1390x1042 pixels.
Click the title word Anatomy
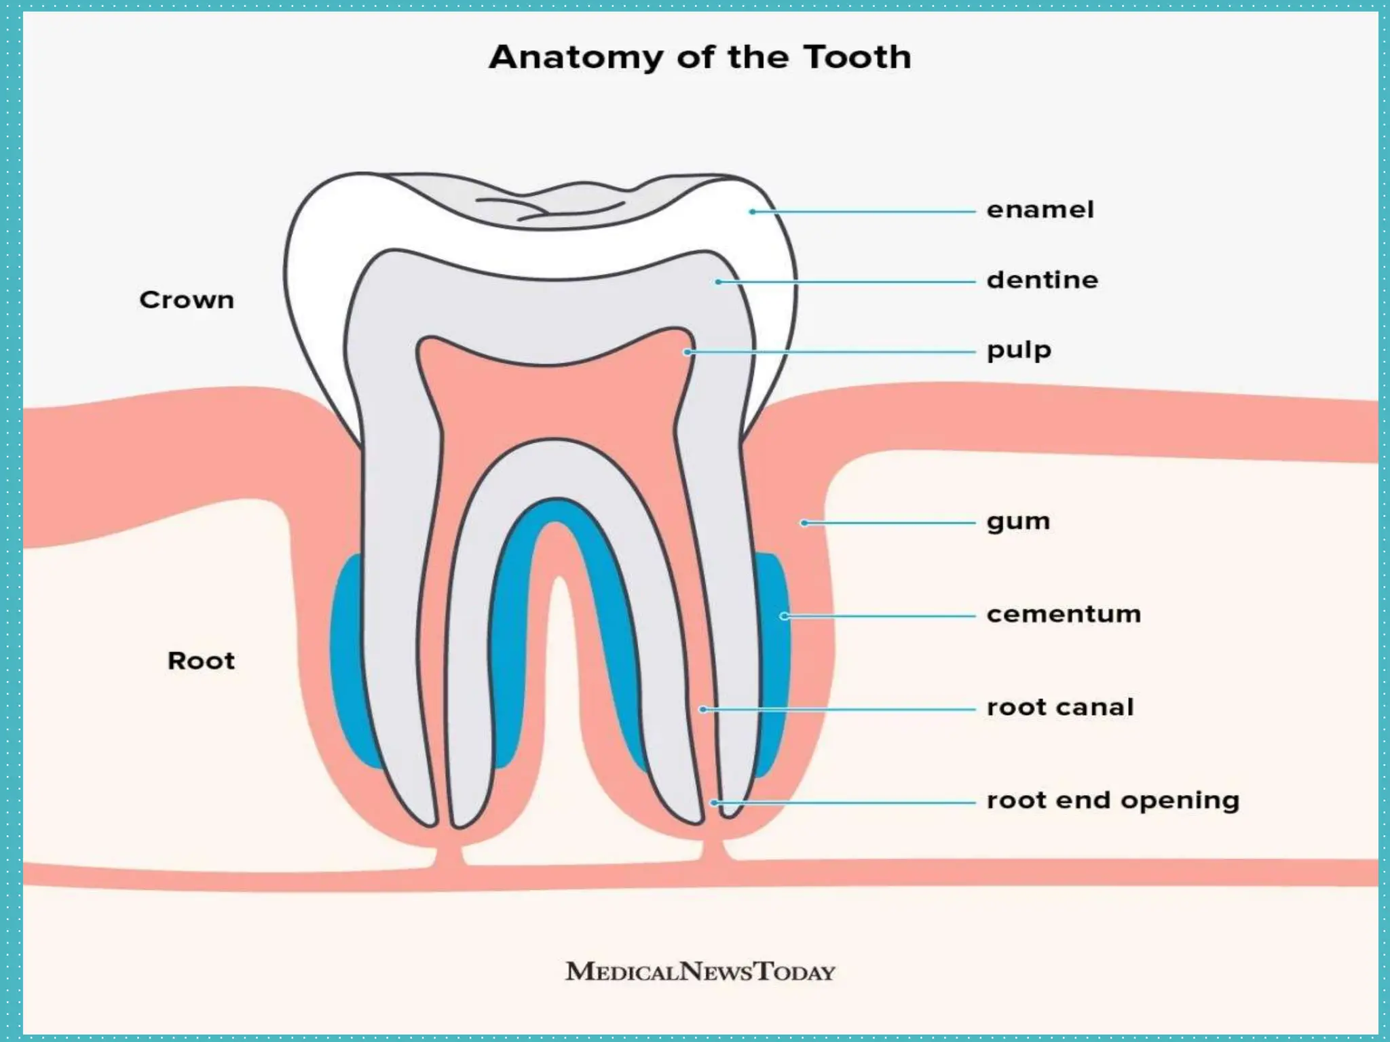tap(576, 58)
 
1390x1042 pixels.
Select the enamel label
tap(1040, 210)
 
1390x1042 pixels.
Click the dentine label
tap(1042, 280)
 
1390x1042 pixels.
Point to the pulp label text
tap(1019, 351)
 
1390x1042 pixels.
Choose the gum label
tap(1018, 522)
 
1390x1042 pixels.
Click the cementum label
tap(1064, 615)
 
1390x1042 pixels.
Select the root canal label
tap(1060, 708)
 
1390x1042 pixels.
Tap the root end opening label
tap(1113, 801)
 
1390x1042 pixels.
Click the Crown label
tap(187, 300)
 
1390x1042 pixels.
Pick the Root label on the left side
tap(201, 661)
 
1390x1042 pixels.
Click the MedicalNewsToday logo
tap(700, 971)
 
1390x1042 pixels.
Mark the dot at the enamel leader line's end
tap(752, 212)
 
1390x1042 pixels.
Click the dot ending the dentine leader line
tap(718, 282)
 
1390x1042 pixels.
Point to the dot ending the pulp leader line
tap(688, 352)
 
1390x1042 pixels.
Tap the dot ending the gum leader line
tap(804, 523)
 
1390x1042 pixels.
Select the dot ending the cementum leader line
tap(784, 616)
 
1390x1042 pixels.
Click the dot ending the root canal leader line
tap(703, 710)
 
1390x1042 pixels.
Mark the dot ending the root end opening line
tap(714, 803)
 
